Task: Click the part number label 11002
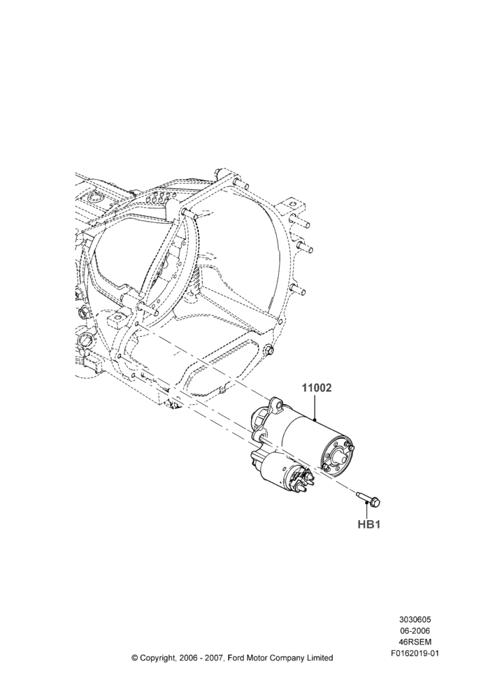pyautogui.click(x=317, y=388)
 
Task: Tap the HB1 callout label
pyautogui.click(x=368, y=525)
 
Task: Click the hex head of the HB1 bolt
pyautogui.click(x=375, y=503)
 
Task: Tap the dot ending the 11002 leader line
pyautogui.click(x=315, y=420)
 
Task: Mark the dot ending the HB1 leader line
pyautogui.click(x=367, y=503)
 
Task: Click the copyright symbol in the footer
pyautogui.click(x=134, y=645)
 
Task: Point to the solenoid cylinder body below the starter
pyautogui.click(x=274, y=471)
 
